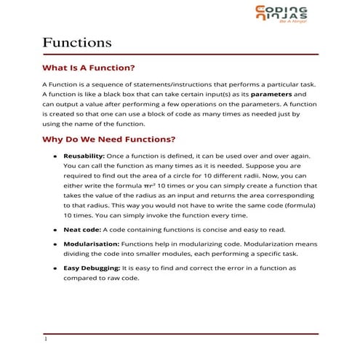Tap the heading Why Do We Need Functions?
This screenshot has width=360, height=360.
point(108,139)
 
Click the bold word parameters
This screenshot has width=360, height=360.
point(273,95)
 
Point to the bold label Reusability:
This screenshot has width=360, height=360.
point(84,156)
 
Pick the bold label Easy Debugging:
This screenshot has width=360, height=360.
point(91,268)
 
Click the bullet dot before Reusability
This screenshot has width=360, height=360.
point(55,156)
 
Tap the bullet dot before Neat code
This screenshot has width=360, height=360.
point(55,228)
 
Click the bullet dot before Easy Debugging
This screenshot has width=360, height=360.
point(55,268)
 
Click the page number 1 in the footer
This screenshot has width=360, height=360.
point(45,339)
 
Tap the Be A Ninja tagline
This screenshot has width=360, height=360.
point(291,23)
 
